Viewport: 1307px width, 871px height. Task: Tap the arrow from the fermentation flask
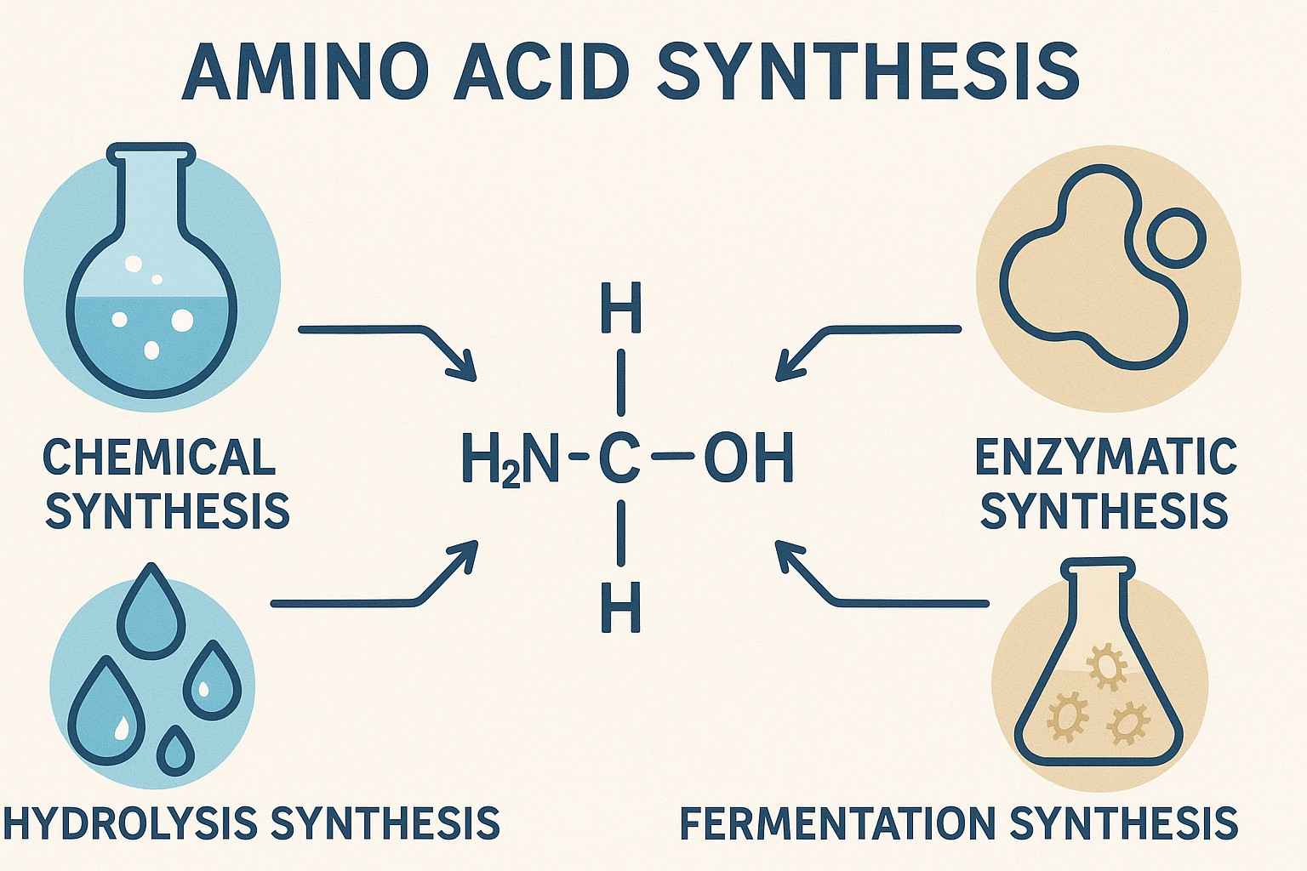click(x=876, y=587)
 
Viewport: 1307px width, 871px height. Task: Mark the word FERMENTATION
click(x=837, y=823)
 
